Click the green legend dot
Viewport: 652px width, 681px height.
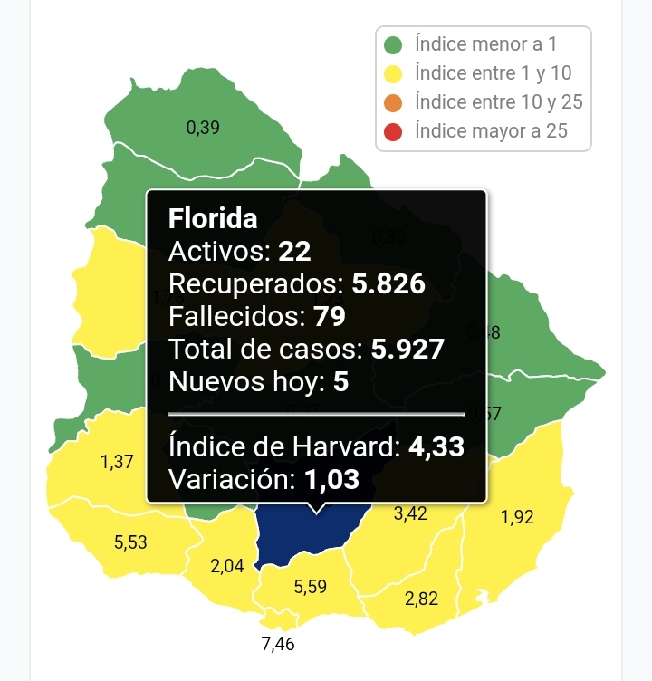(393, 44)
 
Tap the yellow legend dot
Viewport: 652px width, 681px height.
(393, 73)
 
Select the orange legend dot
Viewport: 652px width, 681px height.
(393, 102)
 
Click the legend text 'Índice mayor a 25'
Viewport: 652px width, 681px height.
(491, 131)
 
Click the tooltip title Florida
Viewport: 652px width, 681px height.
(213, 218)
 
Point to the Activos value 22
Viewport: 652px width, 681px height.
(294, 251)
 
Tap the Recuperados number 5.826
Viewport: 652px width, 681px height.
(388, 283)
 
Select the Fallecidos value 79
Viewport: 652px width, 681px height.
(329, 316)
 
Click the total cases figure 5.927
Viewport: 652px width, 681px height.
(407, 349)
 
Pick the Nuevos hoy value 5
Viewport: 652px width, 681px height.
(340, 381)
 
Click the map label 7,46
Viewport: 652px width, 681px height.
(278, 645)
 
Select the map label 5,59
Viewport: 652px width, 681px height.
(312, 587)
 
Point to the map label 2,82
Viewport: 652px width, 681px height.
(422, 599)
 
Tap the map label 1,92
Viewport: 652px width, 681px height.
(517, 518)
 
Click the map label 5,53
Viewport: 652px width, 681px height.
(130, 542)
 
